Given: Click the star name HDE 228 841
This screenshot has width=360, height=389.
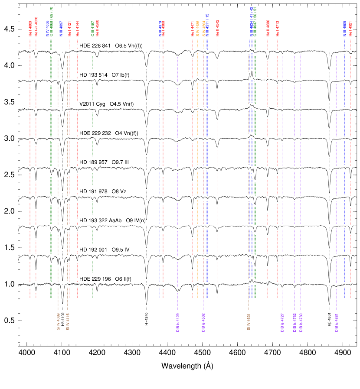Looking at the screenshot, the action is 95,46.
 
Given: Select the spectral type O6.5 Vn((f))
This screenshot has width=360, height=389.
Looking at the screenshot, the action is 131,46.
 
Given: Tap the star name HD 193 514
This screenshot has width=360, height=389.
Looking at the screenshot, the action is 95,75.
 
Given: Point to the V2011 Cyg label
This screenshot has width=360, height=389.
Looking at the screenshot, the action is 92,104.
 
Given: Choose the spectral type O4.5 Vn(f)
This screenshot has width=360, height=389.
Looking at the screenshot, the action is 122,104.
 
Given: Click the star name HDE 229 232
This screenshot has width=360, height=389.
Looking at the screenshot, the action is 97,133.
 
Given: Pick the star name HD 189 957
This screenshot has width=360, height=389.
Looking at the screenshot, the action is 95,162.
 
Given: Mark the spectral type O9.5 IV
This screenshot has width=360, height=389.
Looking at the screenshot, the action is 120,250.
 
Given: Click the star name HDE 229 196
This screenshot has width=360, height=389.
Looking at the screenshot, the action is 97,279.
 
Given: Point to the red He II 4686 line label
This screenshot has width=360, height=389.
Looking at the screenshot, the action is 268,28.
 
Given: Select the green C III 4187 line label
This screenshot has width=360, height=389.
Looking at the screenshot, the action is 92,29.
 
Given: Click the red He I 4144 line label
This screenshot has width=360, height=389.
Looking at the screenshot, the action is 78,29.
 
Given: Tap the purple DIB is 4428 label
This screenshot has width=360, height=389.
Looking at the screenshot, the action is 178,323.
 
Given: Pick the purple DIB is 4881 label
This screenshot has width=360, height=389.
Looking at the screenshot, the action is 337,323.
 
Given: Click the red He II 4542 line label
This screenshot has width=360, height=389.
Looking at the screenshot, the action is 217,28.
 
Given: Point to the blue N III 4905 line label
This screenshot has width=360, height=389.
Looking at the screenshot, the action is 345,28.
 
